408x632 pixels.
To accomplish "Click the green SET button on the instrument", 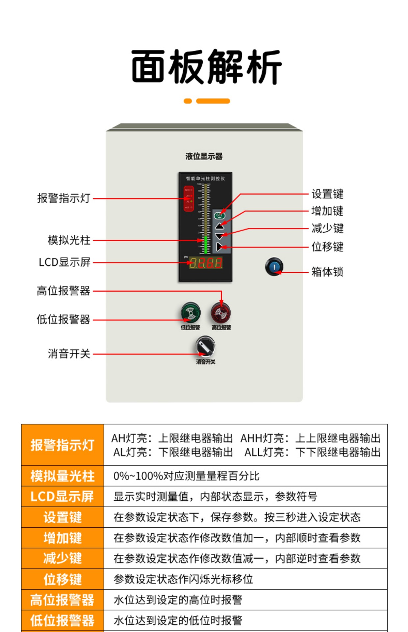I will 219,216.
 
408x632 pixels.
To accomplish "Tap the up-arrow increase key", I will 220,226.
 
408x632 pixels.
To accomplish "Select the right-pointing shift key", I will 219,247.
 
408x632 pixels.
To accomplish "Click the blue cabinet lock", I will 274,267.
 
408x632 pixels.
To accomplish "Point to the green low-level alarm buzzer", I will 191,312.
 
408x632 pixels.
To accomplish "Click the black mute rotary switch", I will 205,346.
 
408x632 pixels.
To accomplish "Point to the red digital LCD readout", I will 206,263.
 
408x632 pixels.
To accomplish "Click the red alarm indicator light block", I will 189,198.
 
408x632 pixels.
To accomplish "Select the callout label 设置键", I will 327,194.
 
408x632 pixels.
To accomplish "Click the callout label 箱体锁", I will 327,272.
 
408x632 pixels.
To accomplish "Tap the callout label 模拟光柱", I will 69,240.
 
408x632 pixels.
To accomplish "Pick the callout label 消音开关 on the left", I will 69,354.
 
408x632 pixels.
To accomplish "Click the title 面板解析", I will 206,67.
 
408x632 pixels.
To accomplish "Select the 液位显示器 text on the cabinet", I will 204,156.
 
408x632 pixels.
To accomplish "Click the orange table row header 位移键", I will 63,579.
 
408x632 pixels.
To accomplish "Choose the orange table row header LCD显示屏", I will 63,496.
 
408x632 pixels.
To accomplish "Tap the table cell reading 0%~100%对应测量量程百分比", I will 186,476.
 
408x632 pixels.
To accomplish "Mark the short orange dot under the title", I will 188,101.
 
